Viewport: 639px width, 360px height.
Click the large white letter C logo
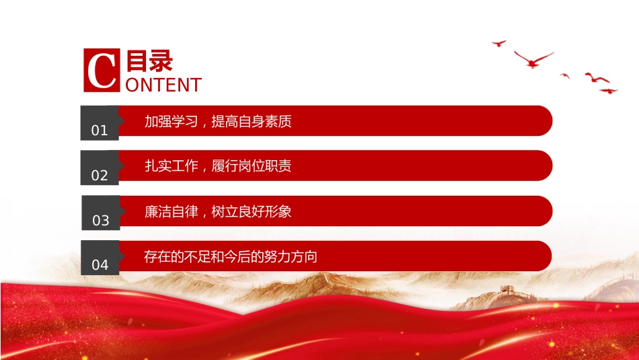(x=101, y=70)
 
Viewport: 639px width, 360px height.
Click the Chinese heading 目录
(x=149, y=61)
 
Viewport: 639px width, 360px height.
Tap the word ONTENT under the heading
(x=163, y=85)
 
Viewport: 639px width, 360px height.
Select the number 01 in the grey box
(x=100, y=131)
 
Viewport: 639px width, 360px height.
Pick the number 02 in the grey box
(x=100, y=176)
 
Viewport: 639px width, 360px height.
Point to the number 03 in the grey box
(x=101, y=221)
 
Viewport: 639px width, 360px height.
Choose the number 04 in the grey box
(x=100, y=265)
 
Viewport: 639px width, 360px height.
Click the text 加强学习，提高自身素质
(x=218, y=121)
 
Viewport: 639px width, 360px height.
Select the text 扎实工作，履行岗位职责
(x=218, y=166)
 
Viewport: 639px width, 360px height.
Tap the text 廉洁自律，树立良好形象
(x=218, y=211)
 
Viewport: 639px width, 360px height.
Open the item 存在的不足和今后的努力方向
(x=231, y=256)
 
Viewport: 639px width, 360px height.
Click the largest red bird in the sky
(x=533, y=60)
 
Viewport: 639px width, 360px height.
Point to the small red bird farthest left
(x=499, y=43)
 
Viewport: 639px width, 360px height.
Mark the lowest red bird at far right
(x=609, y=91)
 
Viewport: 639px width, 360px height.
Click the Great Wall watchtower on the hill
(x=506, y=290)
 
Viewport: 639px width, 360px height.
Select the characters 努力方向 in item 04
(x=291, y=256)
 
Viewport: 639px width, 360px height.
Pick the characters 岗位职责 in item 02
(x=265, y=166)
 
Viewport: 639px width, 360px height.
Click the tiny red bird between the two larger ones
(x=565, y=75)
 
